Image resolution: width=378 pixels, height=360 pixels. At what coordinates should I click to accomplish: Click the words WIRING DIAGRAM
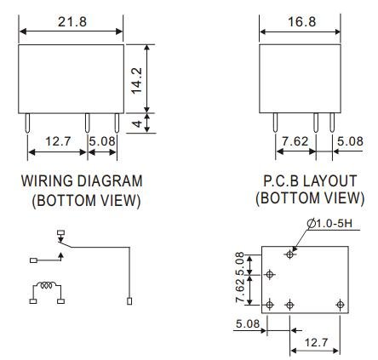pyautogui.click(x=82, y=182)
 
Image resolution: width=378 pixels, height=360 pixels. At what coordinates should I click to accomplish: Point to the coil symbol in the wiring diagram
pyautogui.click(x=46, y=287)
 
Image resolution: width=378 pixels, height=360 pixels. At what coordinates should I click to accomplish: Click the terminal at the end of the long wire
pyautogui.click(x=129, y=300)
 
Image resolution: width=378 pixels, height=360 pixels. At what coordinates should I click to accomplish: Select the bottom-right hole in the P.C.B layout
pyautogui.click(x=340, y=305)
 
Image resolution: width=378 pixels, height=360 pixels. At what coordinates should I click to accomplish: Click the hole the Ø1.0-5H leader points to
pyautogui.click(x=291, y=254)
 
